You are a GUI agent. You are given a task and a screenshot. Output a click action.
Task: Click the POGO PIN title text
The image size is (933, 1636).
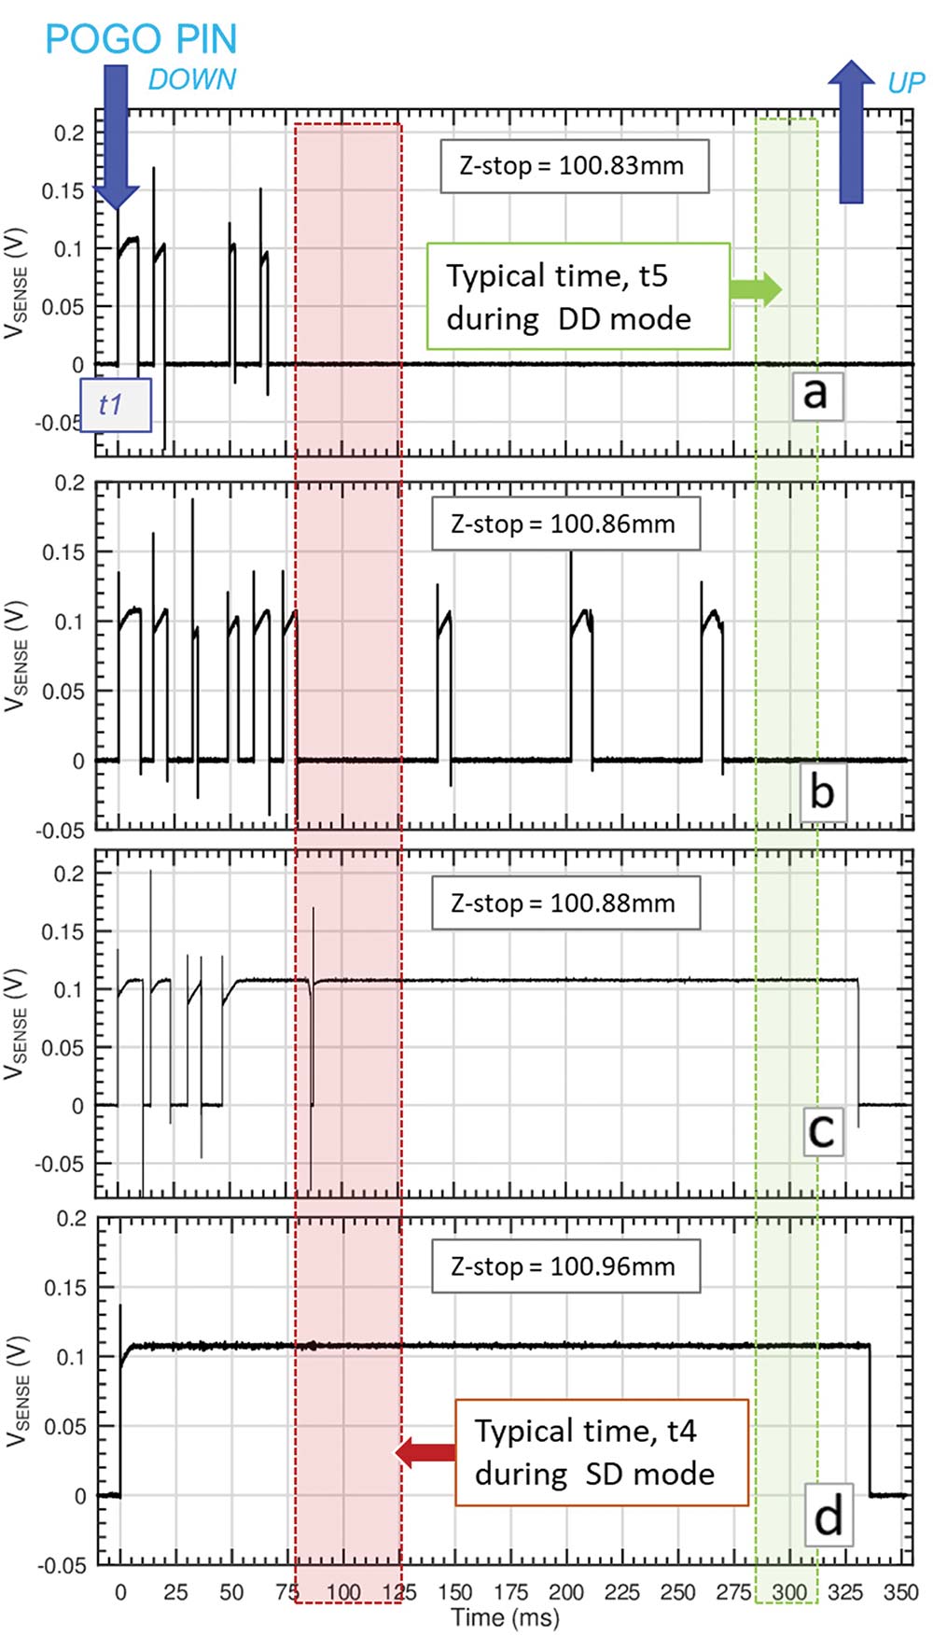click(x=141, y=39)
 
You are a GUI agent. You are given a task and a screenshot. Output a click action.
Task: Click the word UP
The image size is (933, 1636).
click(x=905, y=83)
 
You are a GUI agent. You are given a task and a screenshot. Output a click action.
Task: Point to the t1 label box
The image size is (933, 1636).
click(x=115, y=404)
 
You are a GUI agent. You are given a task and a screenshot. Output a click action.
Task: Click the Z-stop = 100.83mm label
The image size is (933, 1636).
click(x=573, y=166)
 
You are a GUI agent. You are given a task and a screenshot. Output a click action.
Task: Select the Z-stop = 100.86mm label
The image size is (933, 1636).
click(x=564, y=524)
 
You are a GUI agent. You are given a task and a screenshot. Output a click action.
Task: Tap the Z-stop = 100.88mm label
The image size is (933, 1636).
click(x=564, y=902)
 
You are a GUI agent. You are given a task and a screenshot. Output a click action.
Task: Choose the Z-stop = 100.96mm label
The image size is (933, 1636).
click(x=564, y=1266)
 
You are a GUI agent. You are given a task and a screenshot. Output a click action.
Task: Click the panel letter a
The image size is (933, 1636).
click(x=816, y=394)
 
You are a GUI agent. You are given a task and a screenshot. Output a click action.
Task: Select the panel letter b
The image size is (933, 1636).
click(x=822, y=792)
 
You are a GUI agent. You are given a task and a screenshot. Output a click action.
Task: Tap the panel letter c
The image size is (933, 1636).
click(x=822, y=1131)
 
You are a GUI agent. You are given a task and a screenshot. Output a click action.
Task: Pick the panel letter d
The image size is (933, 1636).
click(x=828, y=1516)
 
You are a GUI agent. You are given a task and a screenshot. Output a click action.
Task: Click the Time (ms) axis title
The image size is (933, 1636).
click(x=505, y=1617)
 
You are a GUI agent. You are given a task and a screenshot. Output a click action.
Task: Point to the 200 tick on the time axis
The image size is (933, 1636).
click(x=566, y=1592)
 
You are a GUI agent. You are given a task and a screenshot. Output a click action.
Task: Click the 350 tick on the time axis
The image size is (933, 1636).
click(x=901, y=1592)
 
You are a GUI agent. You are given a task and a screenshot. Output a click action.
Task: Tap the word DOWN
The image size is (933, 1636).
click(x=192, y=80)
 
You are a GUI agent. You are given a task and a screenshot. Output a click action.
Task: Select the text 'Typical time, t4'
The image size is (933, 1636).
click(x=585, y=1431)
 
